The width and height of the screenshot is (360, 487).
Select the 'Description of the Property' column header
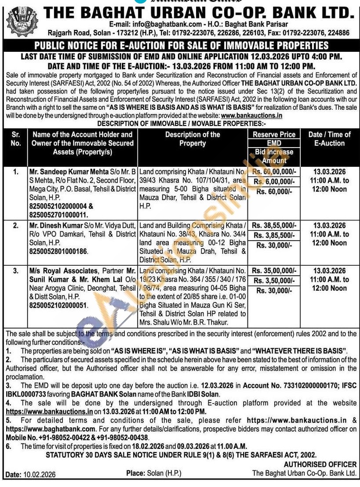193,139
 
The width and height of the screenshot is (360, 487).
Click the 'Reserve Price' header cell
274,134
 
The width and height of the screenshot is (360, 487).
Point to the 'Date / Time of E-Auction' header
330,139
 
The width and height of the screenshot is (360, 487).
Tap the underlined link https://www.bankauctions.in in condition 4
49,411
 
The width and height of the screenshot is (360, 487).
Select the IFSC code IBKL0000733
25,394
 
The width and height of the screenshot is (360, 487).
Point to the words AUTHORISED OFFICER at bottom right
320,464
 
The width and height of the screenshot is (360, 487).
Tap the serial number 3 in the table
15,271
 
